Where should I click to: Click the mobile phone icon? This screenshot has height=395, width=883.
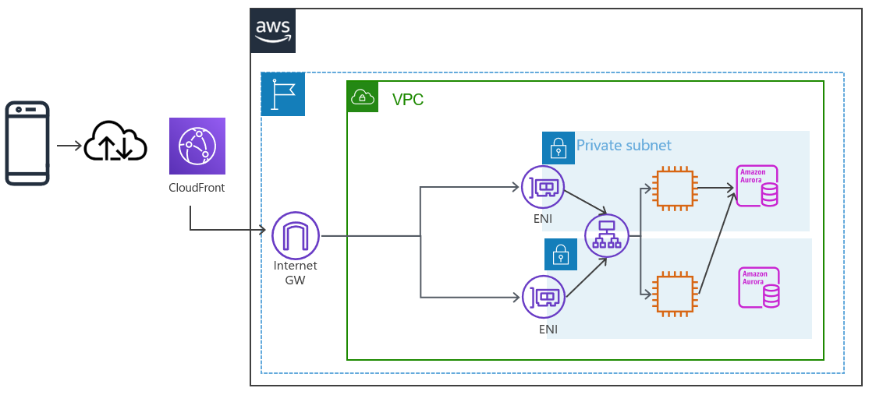point(27,143)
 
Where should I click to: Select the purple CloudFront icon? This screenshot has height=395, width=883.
point(197,146)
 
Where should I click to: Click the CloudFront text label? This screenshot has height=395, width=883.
point(197,188)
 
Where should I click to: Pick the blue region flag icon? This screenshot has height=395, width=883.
point(283,94)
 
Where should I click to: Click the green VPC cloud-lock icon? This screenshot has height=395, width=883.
point(363,97)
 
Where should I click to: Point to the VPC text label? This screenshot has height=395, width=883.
point(408,100)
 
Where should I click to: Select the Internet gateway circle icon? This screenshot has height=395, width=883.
point(296,235)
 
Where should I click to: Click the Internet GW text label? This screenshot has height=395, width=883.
point(296,273)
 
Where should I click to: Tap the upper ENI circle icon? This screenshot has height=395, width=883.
point(543,187)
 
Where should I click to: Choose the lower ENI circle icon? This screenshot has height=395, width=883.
point(543,297)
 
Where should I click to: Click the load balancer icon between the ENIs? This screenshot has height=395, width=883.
point(606,236)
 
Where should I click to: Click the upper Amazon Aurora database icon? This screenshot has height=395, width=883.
point(757,185)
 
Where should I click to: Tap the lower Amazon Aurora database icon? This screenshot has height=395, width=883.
point(760,287)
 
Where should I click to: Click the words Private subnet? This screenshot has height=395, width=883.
point(623,146)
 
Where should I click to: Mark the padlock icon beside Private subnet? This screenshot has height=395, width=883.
point(559,147)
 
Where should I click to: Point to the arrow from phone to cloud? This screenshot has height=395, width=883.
point(69,145)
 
